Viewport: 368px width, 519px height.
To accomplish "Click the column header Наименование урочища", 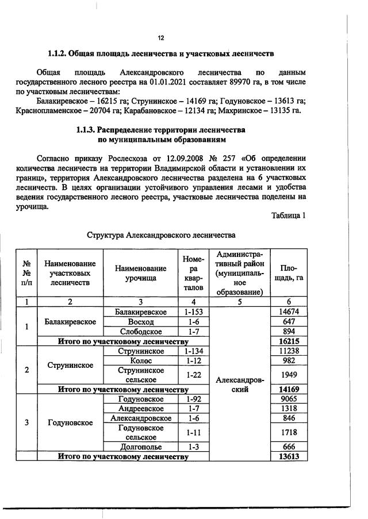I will (141, 273).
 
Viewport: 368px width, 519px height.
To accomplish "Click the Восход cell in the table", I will (141, 322).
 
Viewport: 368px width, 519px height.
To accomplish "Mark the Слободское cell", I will (141, 332).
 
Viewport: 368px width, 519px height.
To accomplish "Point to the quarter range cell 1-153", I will (193, 312).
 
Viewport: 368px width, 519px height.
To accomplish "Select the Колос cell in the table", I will (141, 361).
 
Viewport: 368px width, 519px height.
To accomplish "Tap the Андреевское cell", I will (141, 408).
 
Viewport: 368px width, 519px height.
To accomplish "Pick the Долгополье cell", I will (141, 447).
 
